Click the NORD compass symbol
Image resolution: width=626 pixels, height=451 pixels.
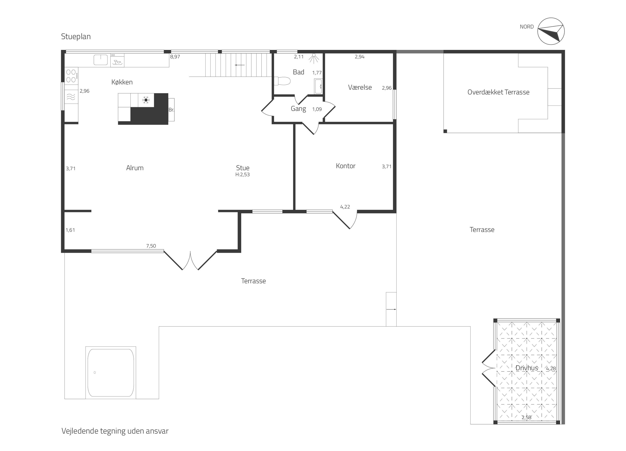(x=551, y=31)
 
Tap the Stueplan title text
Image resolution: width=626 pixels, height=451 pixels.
(x=76, y=37)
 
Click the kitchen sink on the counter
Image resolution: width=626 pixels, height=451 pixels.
(x=100, y=60)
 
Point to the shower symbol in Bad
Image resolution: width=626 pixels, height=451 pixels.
(x=314, y=58)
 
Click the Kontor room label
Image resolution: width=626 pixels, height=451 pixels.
(x=346, y=166)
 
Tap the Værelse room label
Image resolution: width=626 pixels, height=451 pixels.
(x=360, y=87)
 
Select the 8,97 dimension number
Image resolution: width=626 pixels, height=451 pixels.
(x=175, y=57)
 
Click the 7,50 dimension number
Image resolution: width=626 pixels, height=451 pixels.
(x=151, y=246)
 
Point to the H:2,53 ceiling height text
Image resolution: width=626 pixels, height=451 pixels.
(x=243, y=175)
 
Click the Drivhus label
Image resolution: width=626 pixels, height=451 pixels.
(x=527, y=368)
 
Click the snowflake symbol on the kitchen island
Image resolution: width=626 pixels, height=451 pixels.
(x=146, y=100)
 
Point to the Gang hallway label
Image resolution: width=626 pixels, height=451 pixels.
(x=298, y=109)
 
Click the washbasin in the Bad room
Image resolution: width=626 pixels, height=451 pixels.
(x=318, y=86)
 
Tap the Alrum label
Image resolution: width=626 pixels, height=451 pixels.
(x=135, y=168)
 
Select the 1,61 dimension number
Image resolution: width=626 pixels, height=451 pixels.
(x=70, y=230)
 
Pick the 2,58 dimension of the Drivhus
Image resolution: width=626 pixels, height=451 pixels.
(x=526, y=417)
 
